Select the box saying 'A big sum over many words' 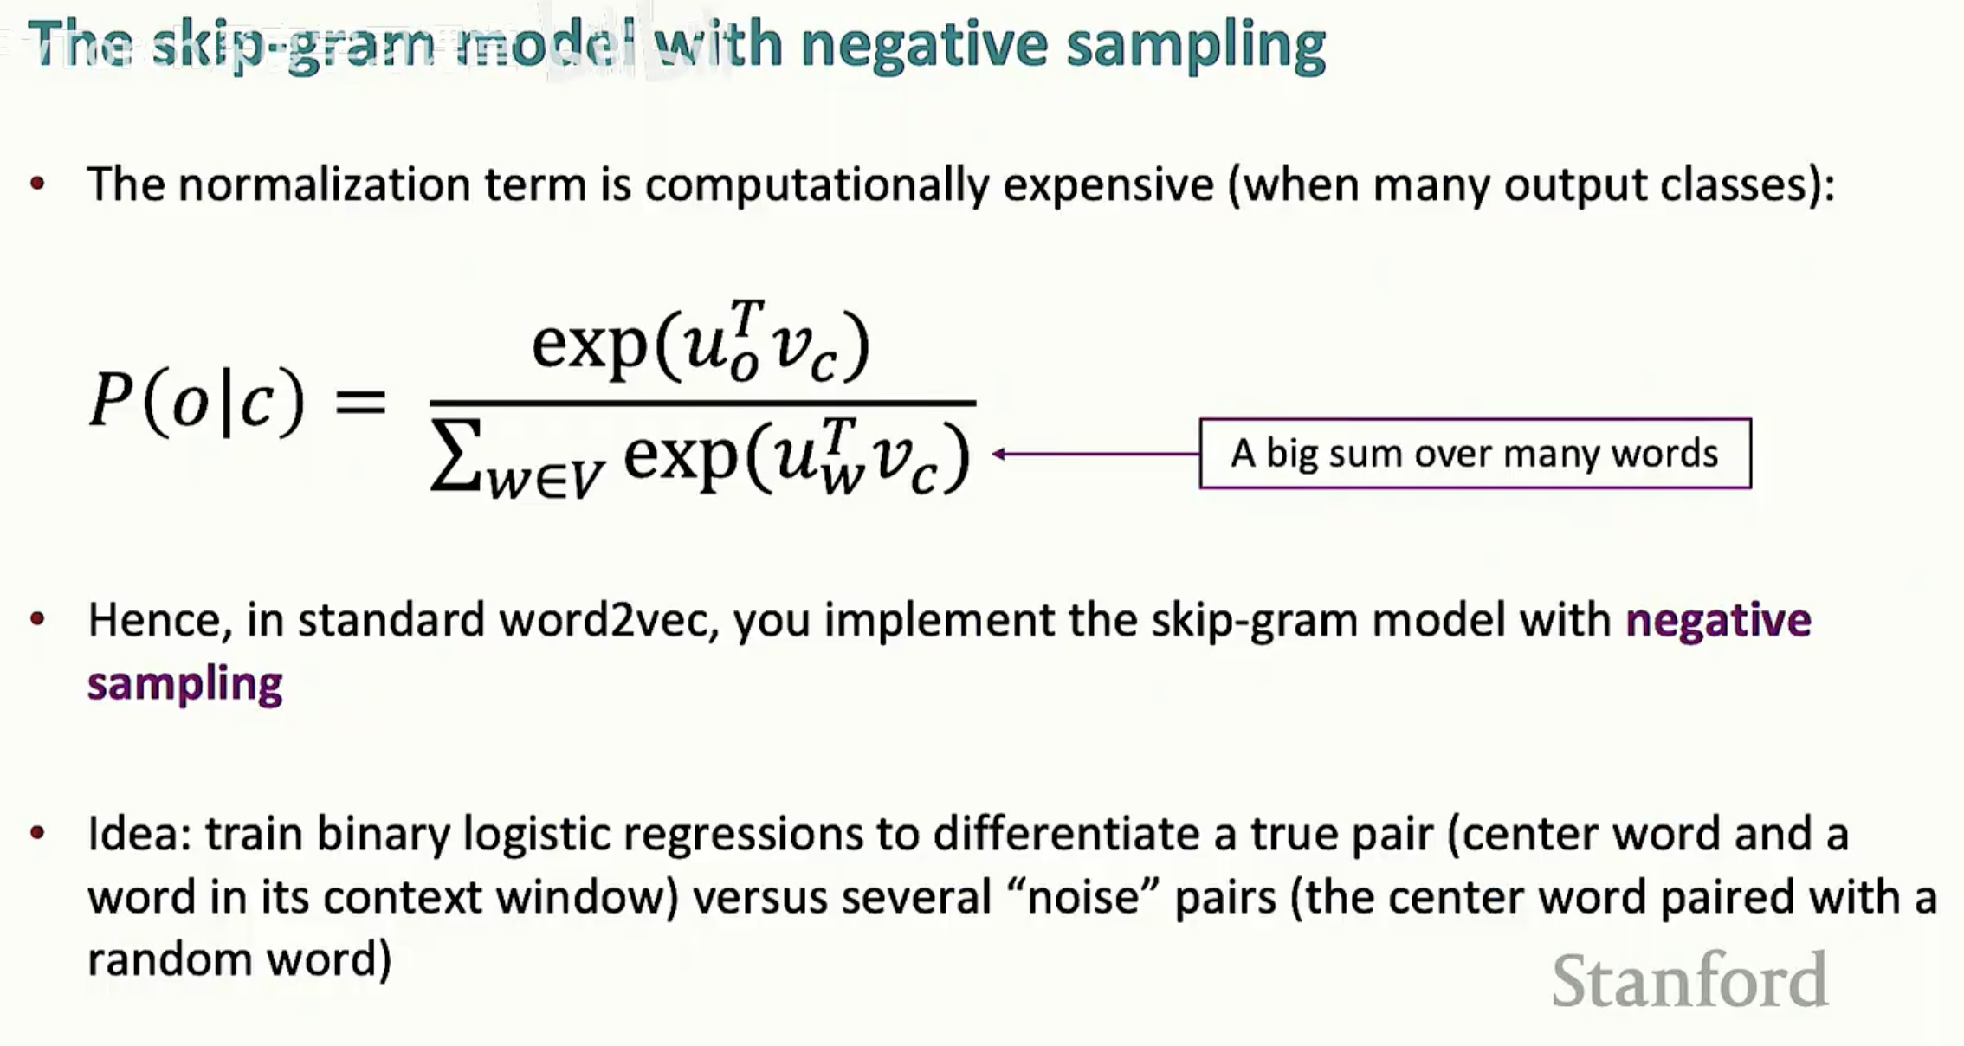pyautogui.click(x=1475, y=454)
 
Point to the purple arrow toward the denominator pyautogui.click(x=1095, y=454)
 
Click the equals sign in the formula pyautogui.click(x=359, y=403)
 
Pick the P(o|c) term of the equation pyautogui.click(x=197, y=400)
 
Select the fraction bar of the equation pyautogui.click(x=702, y=404)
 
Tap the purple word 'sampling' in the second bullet pyautogui.click(x=184, y=685)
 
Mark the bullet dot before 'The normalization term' pyautogui.click(x=37, y=184)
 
